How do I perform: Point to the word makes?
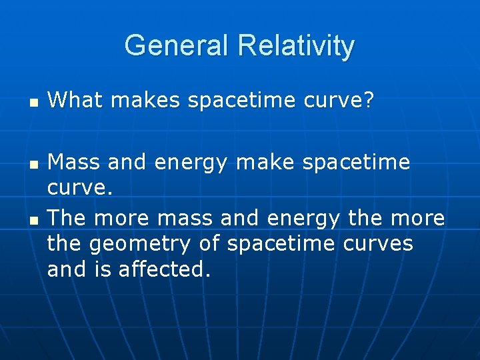tap(146, 101)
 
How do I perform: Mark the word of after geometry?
tap(211, 244)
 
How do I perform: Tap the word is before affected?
tap(106, 269)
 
